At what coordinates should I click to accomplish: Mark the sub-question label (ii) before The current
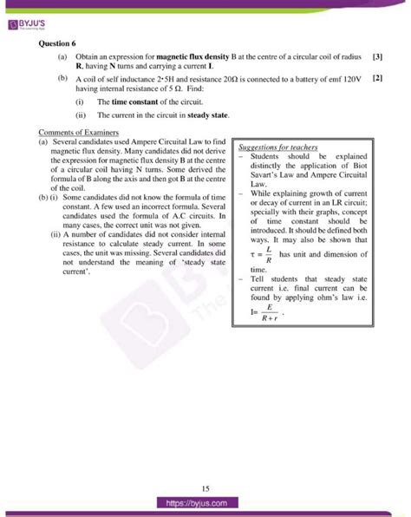pyautogui.click(x=81, y=114)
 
